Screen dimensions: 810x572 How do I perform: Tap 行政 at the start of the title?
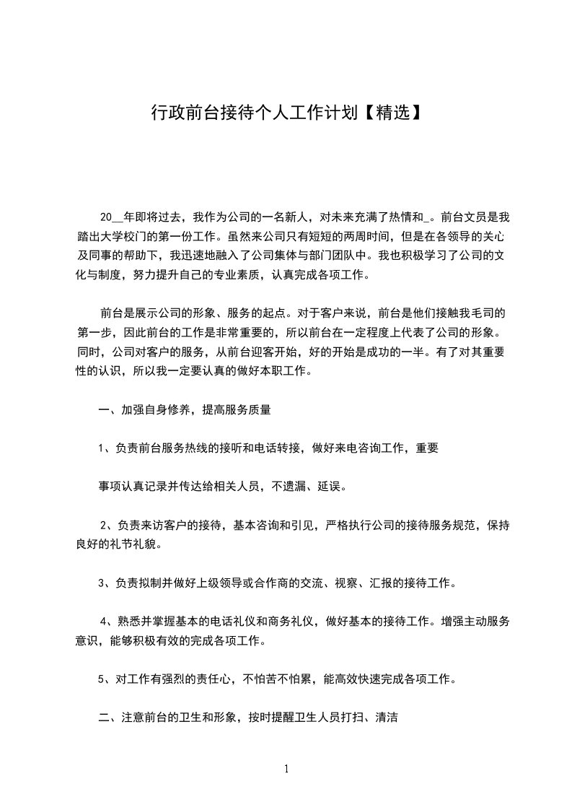coord(165,113)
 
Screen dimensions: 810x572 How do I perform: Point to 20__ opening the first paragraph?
coord(111,217)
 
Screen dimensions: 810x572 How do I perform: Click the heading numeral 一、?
coord(105,410)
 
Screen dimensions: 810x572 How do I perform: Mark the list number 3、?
coord(105,582)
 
